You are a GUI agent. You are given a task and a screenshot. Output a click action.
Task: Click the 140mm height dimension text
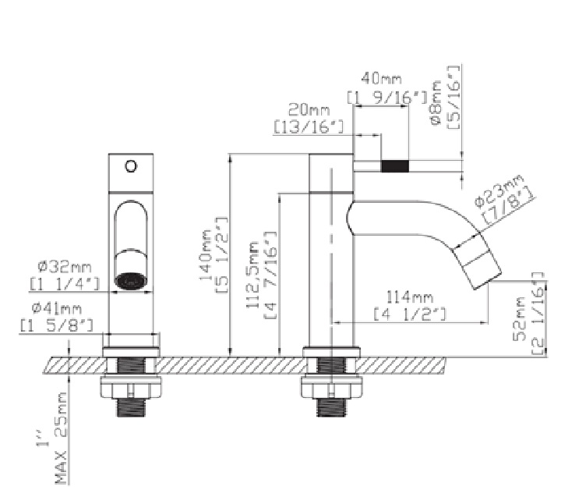coord(207,254)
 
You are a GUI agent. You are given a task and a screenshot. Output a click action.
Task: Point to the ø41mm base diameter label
coord(62,309)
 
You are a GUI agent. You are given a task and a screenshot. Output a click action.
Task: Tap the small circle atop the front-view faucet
coord(130,165)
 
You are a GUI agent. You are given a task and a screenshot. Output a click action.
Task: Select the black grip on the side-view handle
coord(396,165)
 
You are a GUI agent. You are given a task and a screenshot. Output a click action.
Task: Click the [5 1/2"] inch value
coord(220,254)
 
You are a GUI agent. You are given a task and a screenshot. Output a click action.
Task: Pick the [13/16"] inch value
coord(309,125)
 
